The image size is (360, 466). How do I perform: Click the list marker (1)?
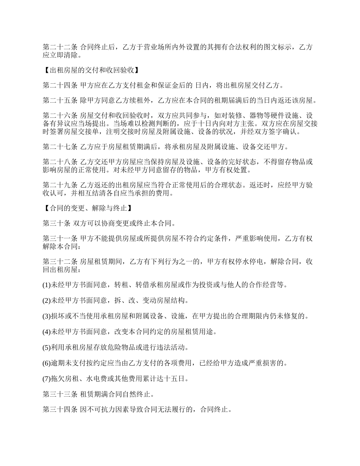[x=47, y=285]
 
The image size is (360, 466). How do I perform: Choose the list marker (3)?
[x=47, y=316]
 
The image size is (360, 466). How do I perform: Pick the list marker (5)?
[x=47, y=347]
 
